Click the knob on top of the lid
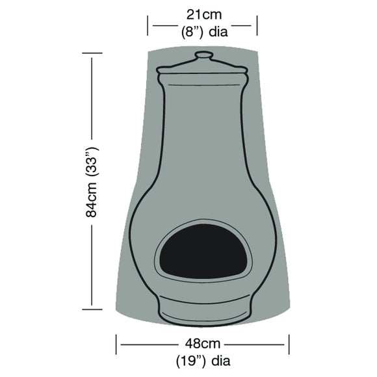203,56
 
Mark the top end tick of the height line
92,55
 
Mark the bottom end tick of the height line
92,307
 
